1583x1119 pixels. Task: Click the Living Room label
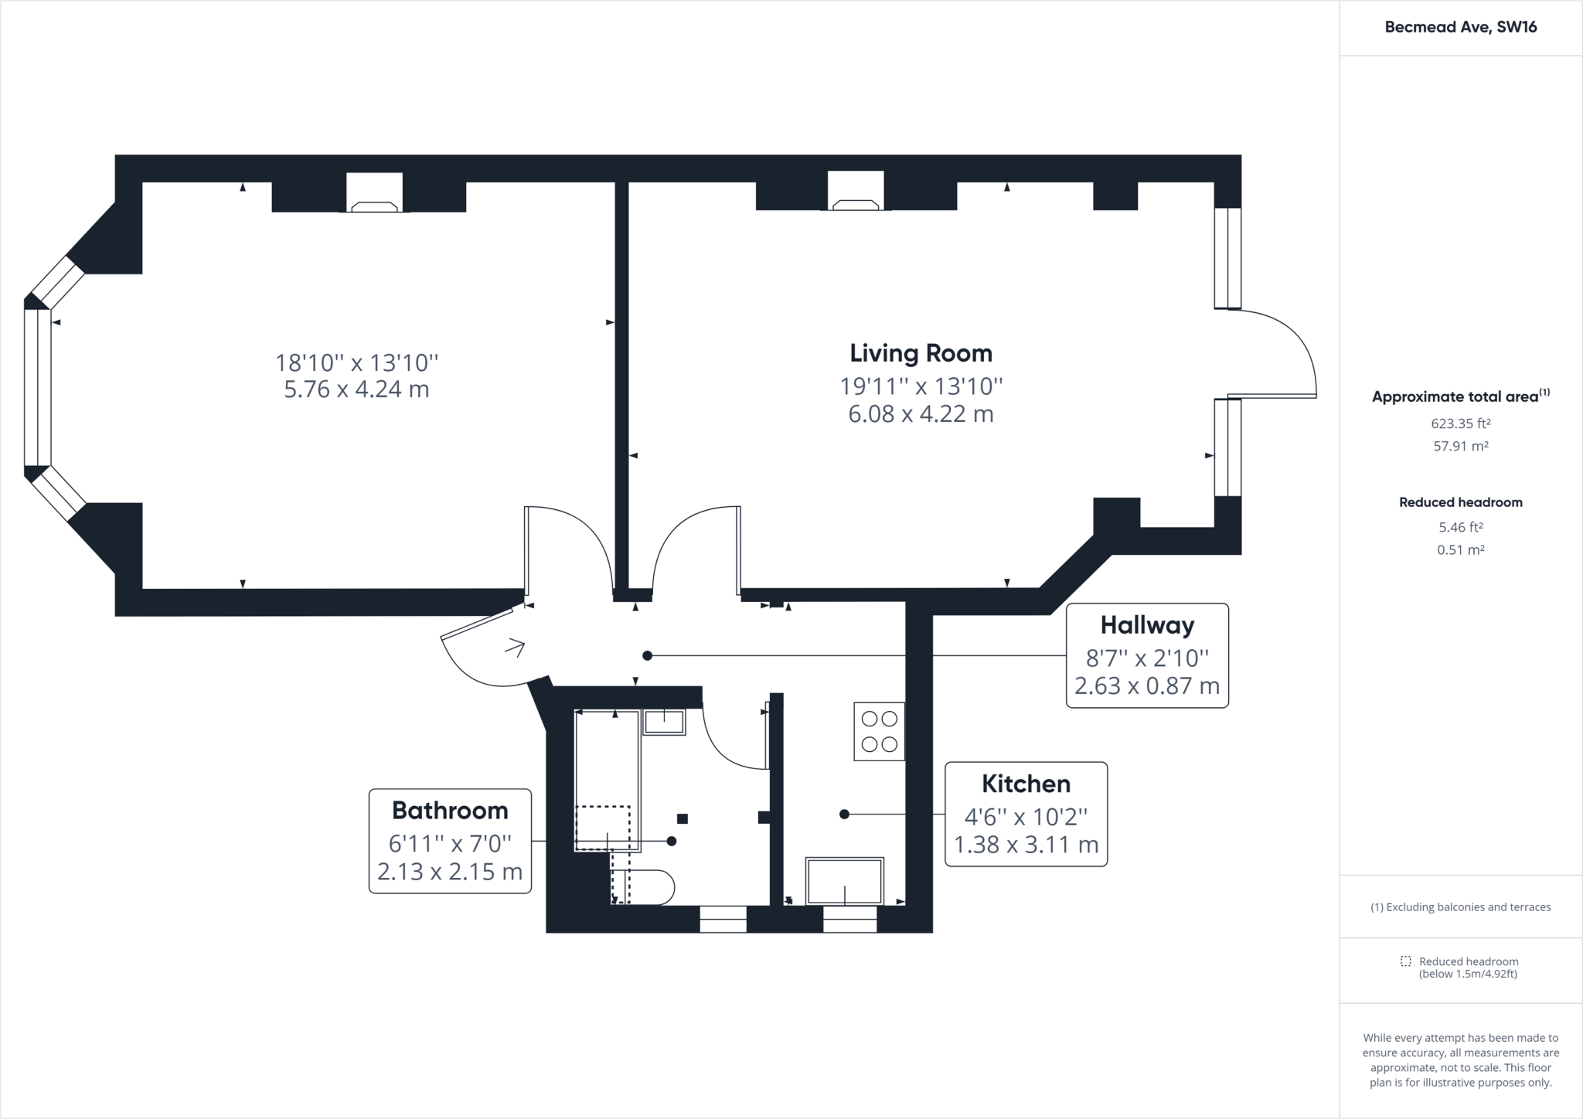coord(921,353)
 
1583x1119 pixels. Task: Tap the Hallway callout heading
coord(1147,625)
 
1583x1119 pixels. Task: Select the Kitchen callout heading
coord(1026,784)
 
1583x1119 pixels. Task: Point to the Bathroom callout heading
coord(450,810)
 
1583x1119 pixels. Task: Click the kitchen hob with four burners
coord(880,731)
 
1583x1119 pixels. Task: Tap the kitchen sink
coord(845,881)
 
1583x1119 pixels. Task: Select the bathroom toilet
coord(642,887)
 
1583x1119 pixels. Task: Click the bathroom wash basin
coord(665,722)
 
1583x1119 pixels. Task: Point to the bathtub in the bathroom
coord(608,781)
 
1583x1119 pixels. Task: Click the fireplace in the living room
coord(856,191)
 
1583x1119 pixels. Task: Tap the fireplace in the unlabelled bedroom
coord(375,192)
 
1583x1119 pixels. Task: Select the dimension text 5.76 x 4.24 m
coord(356,389)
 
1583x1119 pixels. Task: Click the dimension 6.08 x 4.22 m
coord(921,414)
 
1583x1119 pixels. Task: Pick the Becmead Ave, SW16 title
coord(1461,27)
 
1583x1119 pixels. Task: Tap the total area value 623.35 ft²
coord(1461,423)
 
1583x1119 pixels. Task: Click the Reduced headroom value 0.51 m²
coord(1461,550)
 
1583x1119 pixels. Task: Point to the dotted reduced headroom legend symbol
coord(1406,961)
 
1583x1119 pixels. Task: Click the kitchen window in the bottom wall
coord(850,919)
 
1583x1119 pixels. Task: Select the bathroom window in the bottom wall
coord(723,919)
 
